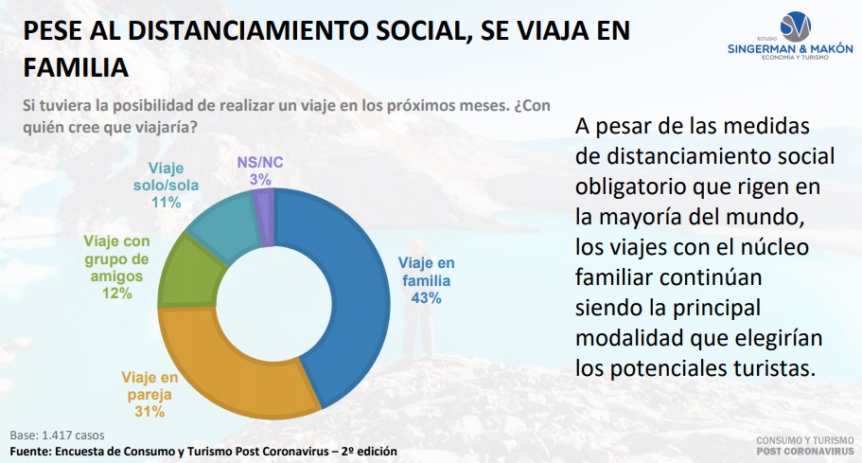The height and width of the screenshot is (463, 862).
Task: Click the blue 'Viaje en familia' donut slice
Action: tap(358, 297)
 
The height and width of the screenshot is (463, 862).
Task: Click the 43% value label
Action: tap(426, 298)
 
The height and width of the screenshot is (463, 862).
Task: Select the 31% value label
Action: tap(150, 411)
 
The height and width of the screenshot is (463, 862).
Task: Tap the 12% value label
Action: tap(116, 294)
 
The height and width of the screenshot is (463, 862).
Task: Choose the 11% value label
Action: tap(166, 203)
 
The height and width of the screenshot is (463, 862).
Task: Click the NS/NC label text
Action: tap(260, 162)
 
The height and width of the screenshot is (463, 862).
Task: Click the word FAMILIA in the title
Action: tap(76, 67)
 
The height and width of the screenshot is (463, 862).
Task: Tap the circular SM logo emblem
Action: tap(795, 27)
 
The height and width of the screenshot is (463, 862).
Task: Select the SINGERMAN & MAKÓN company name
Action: tap(790, 48)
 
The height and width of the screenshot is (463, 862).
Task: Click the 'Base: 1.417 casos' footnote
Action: tap(57, 435)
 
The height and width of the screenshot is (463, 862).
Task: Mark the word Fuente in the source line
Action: tap(30, 452)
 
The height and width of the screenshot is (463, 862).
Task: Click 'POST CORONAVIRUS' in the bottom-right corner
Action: tap(805, 452)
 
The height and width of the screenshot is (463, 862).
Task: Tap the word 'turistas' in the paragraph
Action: tap(775, 368)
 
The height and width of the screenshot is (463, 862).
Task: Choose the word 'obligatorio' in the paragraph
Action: tap(630, 187)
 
